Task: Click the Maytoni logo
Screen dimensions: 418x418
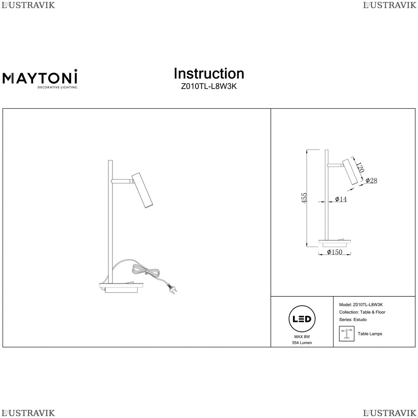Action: tap(40, 79)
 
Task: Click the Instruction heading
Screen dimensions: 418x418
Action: tap(209, 74)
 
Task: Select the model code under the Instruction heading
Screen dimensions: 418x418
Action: tap(209, 87)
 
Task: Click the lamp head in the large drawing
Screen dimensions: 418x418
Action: tap(143, 190)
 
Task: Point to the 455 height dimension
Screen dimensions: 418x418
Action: tap(304, 198)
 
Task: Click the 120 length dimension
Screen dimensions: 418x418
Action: tap(360, 167)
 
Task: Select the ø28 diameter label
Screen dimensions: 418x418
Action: tap(371, 181)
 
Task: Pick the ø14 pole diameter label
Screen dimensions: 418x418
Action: tap(341, 199)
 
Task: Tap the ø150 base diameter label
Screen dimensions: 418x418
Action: tap(334, 252)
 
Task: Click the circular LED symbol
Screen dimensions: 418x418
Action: tap(302, 319)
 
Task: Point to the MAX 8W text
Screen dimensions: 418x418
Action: tap(302, 336)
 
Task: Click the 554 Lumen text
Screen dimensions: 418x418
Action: tap(302, 343)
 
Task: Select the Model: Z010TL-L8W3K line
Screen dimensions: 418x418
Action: tap(361, 305)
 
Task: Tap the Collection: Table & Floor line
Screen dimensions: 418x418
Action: tap(362, 312)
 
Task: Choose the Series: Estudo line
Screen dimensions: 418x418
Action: tap(353, 320)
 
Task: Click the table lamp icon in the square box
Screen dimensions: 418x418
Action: tap(347, 334)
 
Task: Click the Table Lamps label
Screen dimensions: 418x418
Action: tap(370, 334)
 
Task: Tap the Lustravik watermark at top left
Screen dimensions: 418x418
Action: tap(28, 5)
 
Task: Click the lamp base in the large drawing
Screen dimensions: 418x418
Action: tap(122, 288)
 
